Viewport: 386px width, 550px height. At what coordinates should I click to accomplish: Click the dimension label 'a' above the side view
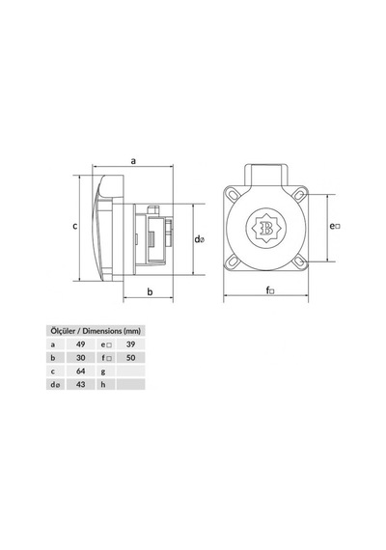point(133,161)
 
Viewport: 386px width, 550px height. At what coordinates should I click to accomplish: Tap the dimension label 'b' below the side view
point(150,291)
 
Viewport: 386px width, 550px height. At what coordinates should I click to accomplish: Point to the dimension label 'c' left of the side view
point(74,226)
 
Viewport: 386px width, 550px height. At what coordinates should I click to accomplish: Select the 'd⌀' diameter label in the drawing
point(200,239)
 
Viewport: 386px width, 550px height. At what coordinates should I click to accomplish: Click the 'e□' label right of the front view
point(335,226)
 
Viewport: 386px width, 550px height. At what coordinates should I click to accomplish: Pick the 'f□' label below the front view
point(270,290)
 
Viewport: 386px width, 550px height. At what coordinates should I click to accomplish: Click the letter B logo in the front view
point(266,228)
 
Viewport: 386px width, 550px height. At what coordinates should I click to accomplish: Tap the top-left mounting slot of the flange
point(232,194)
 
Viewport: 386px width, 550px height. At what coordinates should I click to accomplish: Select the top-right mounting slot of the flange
point(299,194)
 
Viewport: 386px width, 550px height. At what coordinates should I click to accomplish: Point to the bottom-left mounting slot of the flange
point(232,261)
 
